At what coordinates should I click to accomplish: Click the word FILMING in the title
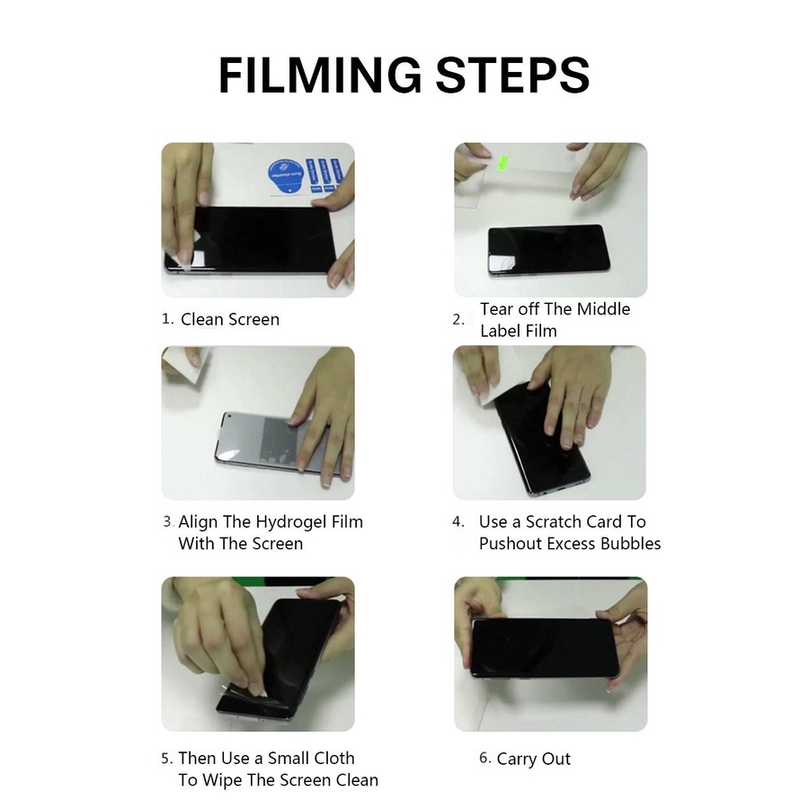[x=320, y=75]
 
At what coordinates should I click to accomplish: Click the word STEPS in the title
[x=513, y=75]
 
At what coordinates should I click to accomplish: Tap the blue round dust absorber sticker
[x=286, y=175]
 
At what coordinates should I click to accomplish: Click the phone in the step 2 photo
[x=549, y=250]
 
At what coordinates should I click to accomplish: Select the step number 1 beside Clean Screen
[x=167, y=319]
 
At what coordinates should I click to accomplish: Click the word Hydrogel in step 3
[x=291, y=522]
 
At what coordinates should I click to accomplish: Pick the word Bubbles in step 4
[x=630, y=543]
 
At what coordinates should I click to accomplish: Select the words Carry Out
[x=533, y=759]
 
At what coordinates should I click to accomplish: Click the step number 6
[x=485, y=758]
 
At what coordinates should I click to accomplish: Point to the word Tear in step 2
[x=497, y=308]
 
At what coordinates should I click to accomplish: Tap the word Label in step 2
[x=501, y=331]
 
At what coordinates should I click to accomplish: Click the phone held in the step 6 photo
[x=545, y=648]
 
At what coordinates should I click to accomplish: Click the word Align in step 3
[x=198, y=522]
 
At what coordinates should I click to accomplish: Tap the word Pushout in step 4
[x=511, y=543]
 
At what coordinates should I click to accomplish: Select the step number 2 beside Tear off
[x=458, y=320]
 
